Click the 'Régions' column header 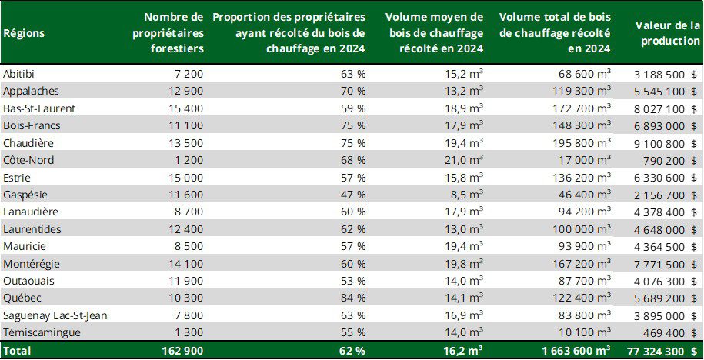tap(24, 33)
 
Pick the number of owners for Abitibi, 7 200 tap(185, 74)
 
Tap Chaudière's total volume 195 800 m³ tap(582, 142)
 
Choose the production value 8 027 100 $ tap(662, 108)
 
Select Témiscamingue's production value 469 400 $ tap(666, 332)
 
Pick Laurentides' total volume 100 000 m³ tap(582, 229)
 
